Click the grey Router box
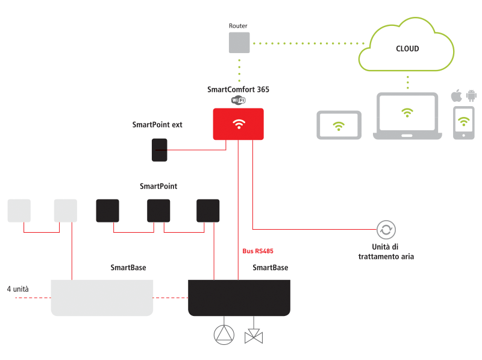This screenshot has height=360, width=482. pyautogui.click(x=239, y=42)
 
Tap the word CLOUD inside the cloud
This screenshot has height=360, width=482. pyautogui.click(x=407, y=49)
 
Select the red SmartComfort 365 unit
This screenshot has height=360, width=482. pyautogui.click(x=238, y=124)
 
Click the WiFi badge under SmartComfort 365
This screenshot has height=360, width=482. pyautogui.click(x=239, y=100)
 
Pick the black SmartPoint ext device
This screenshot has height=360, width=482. pyautogui.click(x=160, y=150)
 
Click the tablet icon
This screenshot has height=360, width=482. pyautogui.click(x=339, y=125)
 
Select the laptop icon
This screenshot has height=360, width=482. pyautogui.click(x=407, y=116)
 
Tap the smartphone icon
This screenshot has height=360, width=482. pyautogui.click(x=464, y=123)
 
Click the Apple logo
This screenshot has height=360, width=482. pyautogui.click(x=457, y=95)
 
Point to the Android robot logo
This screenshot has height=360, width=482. pyautogui.click(x=471, y=96)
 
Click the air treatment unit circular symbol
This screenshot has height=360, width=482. pyautogui.click(x=386, y=230)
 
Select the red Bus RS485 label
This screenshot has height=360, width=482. pyautogui.click(x=258, y=251)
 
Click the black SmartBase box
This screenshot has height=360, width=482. pyautogui.click(x=239, y=297)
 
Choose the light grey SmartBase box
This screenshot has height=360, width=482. pyautogui.click(x=102, y=297)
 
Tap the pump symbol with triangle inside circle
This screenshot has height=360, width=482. pyautogui.click(x=224, y=335)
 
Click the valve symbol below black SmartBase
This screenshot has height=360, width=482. pyautogui.click(x=254, y=336)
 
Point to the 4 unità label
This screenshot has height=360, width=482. pyautogui.click(x=18, y=289)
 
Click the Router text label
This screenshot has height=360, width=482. pyautogui.click(x=238, y=26)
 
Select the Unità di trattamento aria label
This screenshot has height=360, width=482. pyautogui.click(x=386, y=251)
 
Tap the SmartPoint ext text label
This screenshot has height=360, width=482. pyautogui.click(x=157, y=125)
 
